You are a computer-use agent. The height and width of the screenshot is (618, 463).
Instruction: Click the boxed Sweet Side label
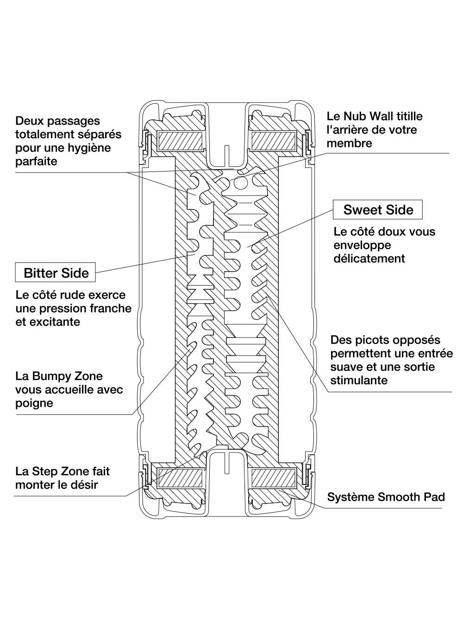(378, 210)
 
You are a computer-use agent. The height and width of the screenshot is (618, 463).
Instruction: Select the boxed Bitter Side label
(56, 273)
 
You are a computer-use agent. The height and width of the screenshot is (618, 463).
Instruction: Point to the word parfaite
(36, 161)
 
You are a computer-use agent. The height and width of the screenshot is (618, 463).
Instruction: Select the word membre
(349, 143)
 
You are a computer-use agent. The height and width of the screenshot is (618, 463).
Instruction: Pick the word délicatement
(369, 258)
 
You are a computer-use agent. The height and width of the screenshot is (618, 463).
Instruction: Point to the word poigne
(34, 403)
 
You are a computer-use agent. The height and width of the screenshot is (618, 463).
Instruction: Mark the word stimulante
(359, 380)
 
